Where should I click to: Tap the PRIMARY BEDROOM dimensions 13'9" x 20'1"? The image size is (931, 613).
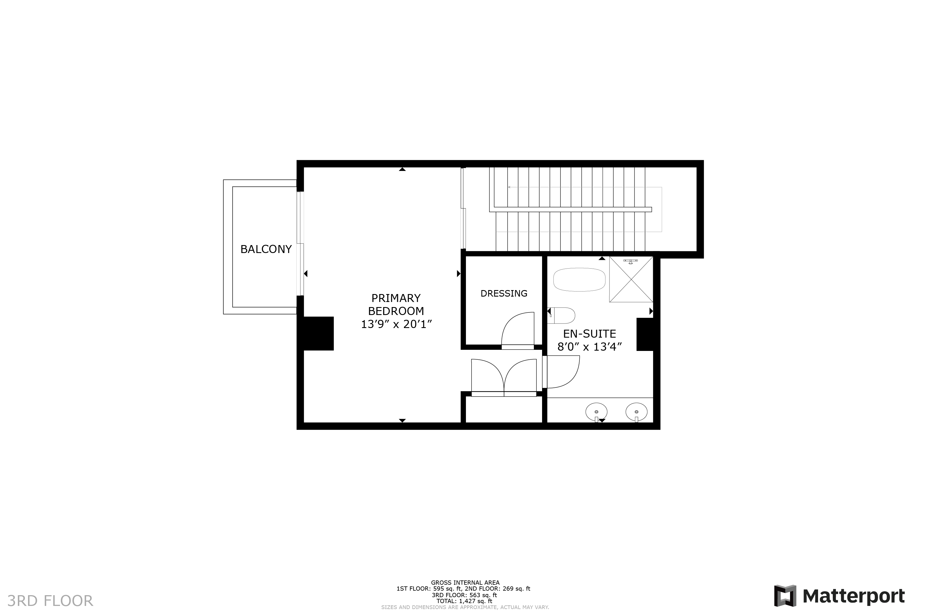click(396, 324)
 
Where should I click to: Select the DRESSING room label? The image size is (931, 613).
click(504, 293)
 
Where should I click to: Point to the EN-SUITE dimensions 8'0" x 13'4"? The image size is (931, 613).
click(590, 347)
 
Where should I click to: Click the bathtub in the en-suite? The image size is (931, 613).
click(579, 280)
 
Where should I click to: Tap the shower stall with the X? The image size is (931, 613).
click(631, 279)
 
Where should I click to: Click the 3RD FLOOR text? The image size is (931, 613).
click(50, 601)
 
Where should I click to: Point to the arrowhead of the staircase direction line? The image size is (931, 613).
click(509, 187)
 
